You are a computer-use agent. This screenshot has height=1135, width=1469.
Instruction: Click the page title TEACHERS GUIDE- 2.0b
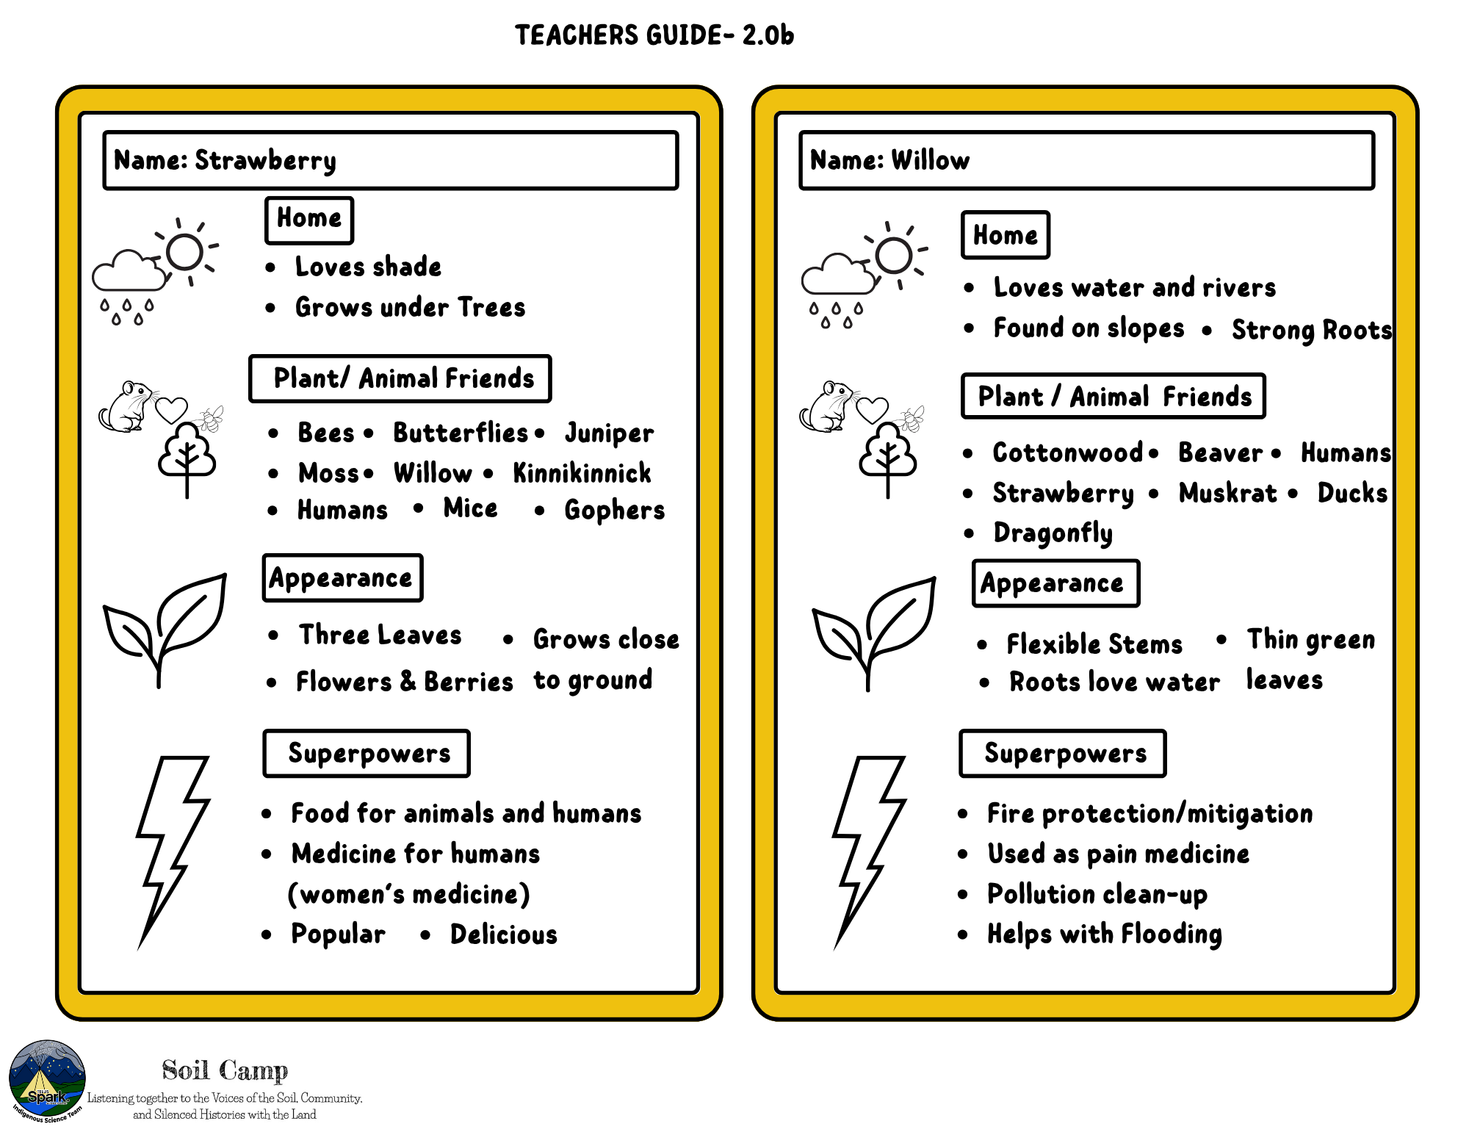654,35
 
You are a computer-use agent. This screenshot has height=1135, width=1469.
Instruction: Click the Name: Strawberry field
390,160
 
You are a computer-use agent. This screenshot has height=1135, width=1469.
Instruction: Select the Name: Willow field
1086,160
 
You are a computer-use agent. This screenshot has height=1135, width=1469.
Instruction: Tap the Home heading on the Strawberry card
309,219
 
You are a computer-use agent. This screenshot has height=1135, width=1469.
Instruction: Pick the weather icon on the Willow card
864,275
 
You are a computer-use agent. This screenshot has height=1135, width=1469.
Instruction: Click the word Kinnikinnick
582,473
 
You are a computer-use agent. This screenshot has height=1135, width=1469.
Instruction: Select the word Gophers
614,510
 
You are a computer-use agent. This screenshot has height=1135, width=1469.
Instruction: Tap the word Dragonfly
1053,533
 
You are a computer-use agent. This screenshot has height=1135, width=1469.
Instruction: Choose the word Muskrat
1227,493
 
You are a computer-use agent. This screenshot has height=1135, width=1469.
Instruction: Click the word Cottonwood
1067,453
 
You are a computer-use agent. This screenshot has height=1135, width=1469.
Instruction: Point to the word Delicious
504,934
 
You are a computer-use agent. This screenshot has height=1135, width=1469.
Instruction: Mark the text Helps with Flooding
1104,934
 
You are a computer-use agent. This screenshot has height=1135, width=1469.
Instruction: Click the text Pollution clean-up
1097,894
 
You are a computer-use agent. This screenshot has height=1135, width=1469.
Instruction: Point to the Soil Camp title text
225,1070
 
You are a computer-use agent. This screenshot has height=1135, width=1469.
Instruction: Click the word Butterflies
461,433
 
